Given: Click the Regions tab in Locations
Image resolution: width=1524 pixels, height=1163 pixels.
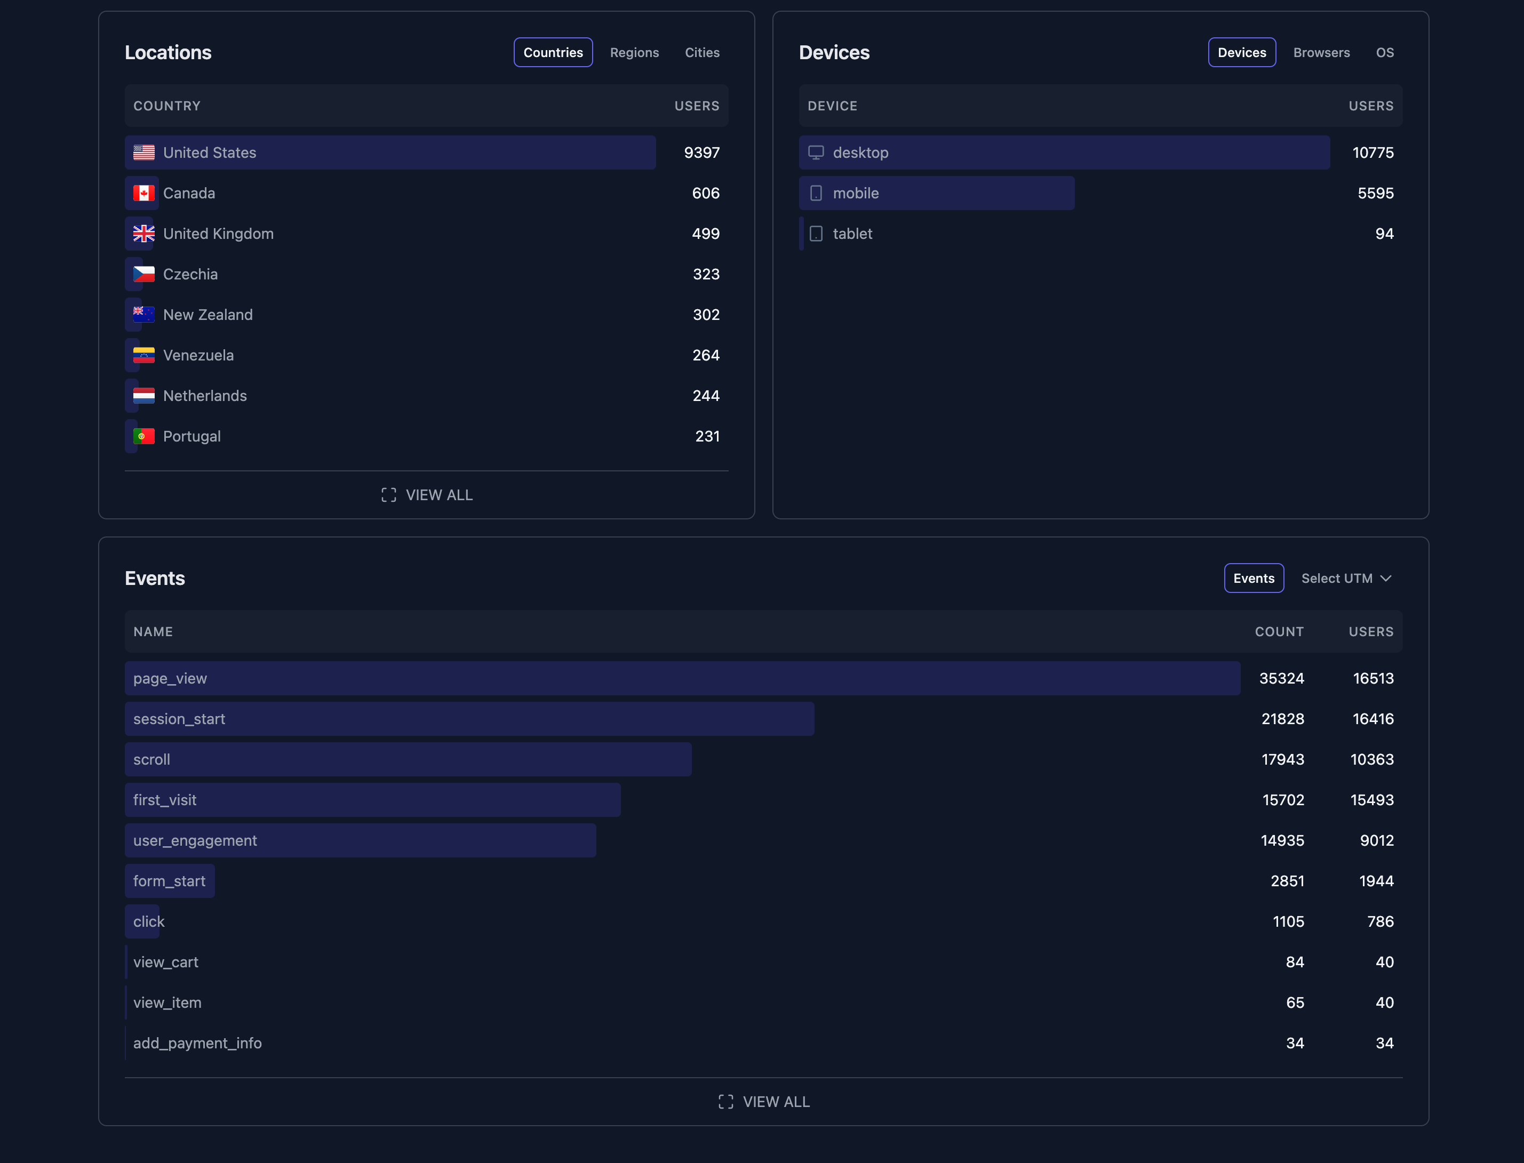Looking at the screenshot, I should (x=634, y=53).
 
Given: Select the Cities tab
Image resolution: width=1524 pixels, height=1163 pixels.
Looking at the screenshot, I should (x=702, y=53).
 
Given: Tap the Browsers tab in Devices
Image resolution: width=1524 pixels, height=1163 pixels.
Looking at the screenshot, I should (x=1321, y=53).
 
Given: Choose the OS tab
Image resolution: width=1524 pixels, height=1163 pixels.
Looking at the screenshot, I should (x=1385, y=53).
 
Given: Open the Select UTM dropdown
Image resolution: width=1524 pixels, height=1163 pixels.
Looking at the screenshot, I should (x=1346, y=578).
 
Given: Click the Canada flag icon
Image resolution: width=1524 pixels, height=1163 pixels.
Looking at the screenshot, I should (x=144, y=193).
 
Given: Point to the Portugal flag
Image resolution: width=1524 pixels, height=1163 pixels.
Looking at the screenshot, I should (x=144, y=436).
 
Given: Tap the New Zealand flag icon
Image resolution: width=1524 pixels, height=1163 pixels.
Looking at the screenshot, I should (x=144, y=314).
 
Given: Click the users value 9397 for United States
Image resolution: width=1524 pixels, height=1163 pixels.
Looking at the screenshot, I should (x=701, y=153).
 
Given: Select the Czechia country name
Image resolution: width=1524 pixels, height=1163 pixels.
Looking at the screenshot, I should (x=190, y=274).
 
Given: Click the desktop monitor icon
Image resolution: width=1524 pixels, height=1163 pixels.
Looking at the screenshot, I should (x=816, y=153).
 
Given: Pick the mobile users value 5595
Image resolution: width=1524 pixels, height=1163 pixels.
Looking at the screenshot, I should (x=1375, y=193).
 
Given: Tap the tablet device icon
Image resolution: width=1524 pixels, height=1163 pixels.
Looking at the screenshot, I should (x=816, y=234).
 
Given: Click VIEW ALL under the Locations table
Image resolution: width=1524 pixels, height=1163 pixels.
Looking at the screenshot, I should (x=427, y=495).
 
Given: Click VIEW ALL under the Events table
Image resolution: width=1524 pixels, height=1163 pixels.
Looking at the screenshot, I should (x=764, y=1101).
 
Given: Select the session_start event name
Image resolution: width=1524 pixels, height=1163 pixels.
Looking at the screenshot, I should (x=179, y=719).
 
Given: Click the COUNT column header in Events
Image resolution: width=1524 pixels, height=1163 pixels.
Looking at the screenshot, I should (x=1279, y=631).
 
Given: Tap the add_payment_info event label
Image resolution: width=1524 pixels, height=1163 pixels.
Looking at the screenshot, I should (x=197, y=1042).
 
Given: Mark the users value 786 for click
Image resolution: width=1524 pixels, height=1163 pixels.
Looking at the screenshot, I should (x=1380, y=921).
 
